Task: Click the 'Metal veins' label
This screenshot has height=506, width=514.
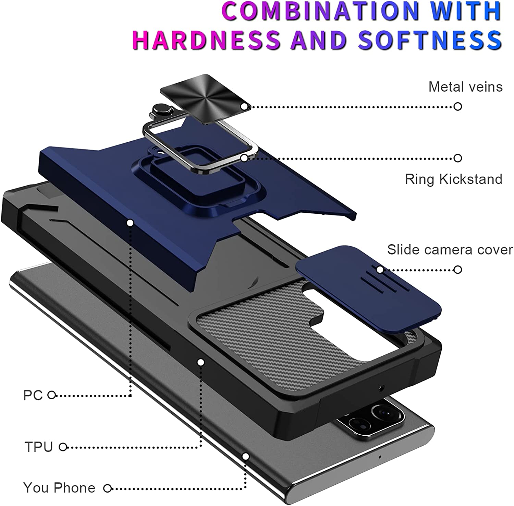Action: click(x=465, y=87)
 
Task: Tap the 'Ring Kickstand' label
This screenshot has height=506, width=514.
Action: click(x=453, y=179)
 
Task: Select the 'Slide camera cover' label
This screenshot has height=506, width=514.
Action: click(x=450, y=250)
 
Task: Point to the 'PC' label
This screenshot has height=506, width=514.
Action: click(x=33, y=395)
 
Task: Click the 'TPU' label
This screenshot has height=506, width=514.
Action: click(x=38, y=447)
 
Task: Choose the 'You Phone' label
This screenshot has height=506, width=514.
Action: click(x=59, y=487)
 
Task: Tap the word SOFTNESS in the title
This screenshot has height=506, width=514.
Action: click(x=430, y=39)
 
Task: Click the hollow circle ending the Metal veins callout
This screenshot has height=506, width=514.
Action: click(x=457, y=106)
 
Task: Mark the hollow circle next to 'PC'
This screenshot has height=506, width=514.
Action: click(x=51, y=395)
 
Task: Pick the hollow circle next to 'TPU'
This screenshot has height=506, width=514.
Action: click(x=63, y=447)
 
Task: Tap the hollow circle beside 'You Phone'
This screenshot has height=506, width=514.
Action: click(x=108, y=488)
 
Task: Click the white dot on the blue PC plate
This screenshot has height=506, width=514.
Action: click(x=130, y=223)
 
